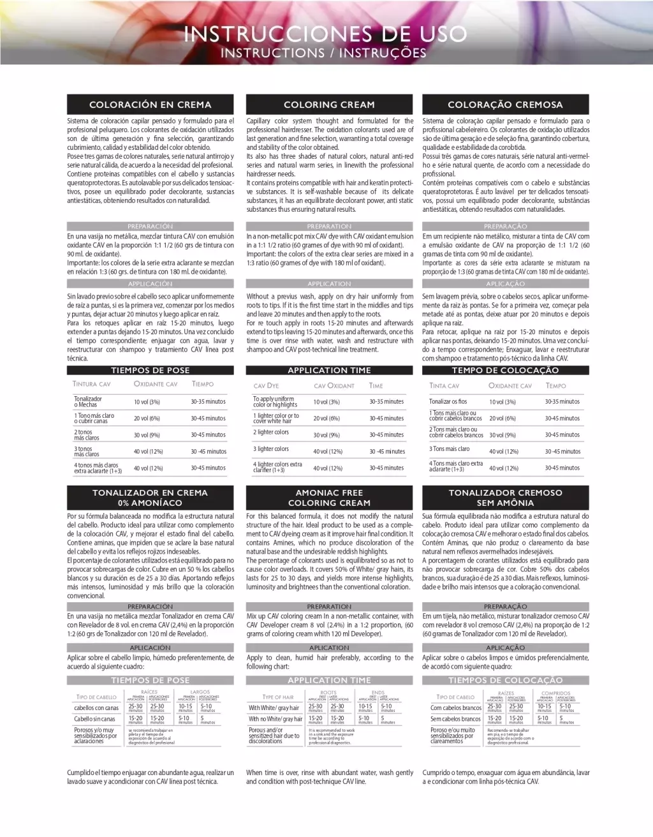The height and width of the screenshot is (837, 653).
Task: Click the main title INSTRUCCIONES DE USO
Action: [x=325, y=33]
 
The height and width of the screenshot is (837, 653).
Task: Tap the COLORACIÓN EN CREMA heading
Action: [x=150, y=105]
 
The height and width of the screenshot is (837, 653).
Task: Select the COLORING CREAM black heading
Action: [x=329, y=105]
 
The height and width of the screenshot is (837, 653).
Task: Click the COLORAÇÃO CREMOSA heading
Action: [x=505, y=105]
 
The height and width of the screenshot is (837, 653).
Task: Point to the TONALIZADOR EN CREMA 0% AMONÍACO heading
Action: [x=150, y=498]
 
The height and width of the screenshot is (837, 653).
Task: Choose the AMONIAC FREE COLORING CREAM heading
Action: [x=329, y=498]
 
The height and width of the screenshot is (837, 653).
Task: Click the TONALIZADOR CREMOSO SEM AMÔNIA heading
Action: [x=505, y=498]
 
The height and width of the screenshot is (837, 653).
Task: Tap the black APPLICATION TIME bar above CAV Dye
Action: [x=329, y=370]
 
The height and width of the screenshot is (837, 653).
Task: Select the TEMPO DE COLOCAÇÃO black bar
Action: [x=505, y=370]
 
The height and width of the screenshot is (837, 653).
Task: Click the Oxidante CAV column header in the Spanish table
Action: [x=156, y=384]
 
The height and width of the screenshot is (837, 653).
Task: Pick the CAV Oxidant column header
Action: [x=334, y=386]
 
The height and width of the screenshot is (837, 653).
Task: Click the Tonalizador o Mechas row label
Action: [x=88, y=402]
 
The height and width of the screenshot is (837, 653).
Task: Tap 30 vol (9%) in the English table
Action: [x=326, y=435]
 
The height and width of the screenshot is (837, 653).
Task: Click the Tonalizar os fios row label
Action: [x=448, y=402]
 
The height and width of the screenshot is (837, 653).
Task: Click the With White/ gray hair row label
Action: [x=274, y=708]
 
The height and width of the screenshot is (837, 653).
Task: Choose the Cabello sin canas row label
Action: [x=94, y=719]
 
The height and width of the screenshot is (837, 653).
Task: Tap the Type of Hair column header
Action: [x=278, y=697]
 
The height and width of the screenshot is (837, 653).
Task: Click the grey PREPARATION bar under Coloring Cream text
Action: [x=329, y=226]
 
